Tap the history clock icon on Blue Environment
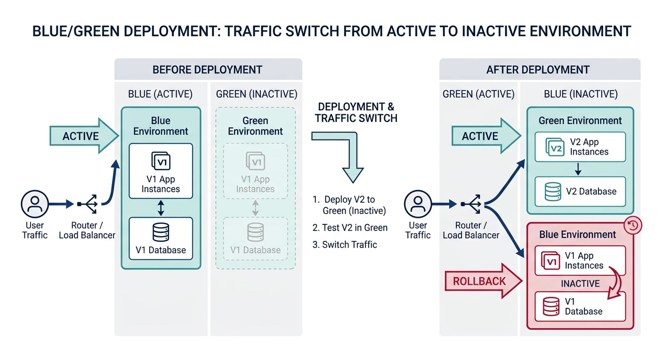[x=632, y=226]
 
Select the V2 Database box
[x=580, y=191]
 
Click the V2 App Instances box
[x=580, y=147]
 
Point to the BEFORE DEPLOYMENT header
[x=208, y=70]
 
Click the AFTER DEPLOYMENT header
[x=540, y=70]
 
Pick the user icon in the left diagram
[x=35, y=204]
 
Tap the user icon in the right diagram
[x=418, y=204]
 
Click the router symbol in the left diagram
[x=88, y=204]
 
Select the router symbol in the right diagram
[x=471, y=204]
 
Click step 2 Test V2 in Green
[x=350, y=228]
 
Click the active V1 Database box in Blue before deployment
[x=161, y=239]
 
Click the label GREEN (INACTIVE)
[x=257, y=94]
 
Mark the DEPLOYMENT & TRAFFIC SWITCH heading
[x=356, y=112]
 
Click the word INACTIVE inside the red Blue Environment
[x=580, y=284]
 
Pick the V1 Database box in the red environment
[x=580, y=306]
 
